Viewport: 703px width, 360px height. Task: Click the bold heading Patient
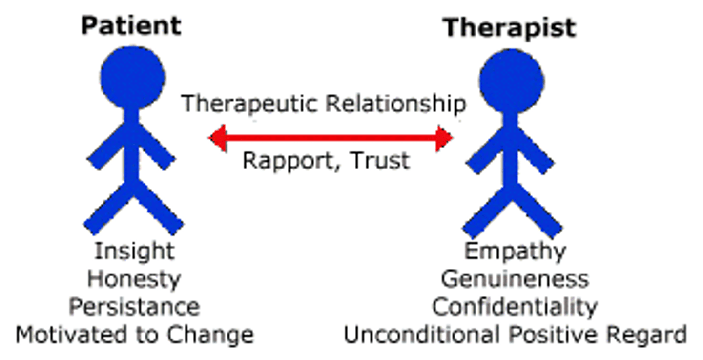click(x=131, y=25)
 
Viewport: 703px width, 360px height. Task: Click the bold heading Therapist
click(x=510, y=27)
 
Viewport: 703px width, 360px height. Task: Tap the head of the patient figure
click(x=132, y=77)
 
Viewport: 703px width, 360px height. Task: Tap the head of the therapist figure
click(x=511, y=81)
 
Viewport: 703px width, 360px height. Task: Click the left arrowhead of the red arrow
click(x=218, y=138)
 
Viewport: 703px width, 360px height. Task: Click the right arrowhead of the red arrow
click(x=444, y=138)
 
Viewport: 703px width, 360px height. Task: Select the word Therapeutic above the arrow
click(x=250, y=104)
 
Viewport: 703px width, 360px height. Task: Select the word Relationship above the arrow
click(x=396, y=104)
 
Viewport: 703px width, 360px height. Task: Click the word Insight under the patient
click(x=134, y=252)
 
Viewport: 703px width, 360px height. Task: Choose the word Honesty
click(x=134, y=279)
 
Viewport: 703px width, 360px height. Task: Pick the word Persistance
click(x=134, y=307)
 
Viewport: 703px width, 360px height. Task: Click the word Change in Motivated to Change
click(x=210, y=335)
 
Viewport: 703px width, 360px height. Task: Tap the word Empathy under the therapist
click(x=515, y=252)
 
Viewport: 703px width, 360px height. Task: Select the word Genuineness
click(x=515, y=279)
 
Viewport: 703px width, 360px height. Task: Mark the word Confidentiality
click(x=515, y=307)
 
